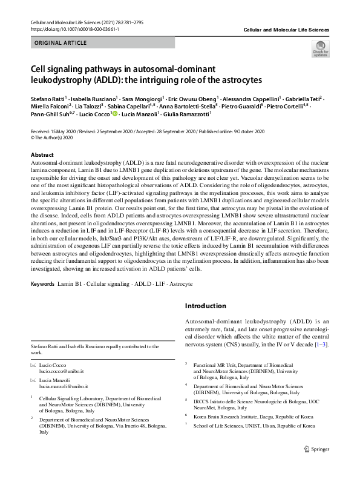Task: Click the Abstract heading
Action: pos(42,155)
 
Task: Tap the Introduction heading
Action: pos(206,306)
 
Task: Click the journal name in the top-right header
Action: pos(286,29)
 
